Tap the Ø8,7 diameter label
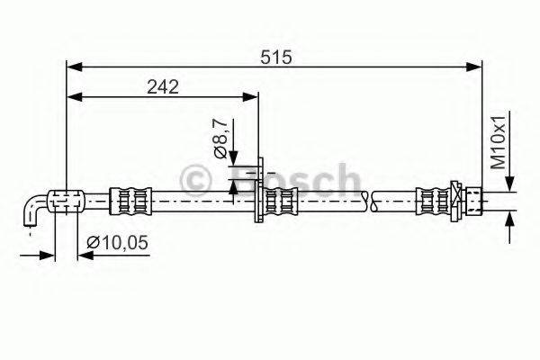coord(220,138)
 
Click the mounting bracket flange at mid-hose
coord(260,193)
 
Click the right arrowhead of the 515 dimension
coord(476,66)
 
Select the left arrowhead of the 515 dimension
coord(75,66)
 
